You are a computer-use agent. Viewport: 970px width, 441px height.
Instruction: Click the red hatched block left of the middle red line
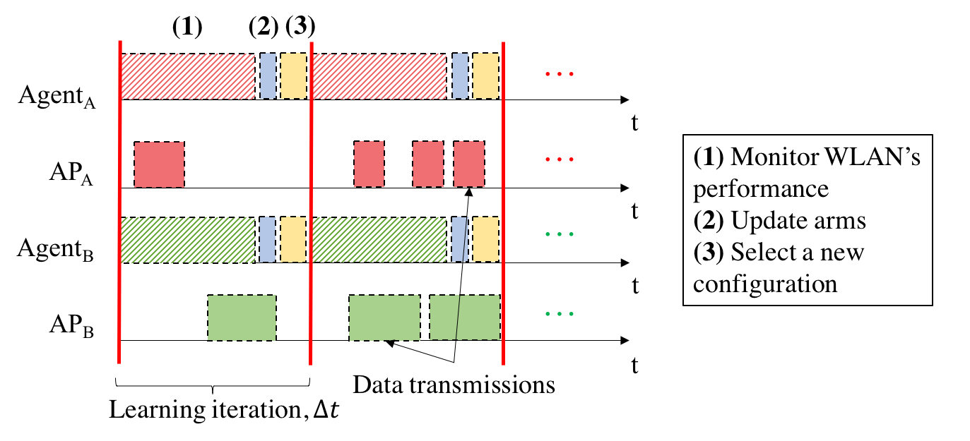(x=188, y=76)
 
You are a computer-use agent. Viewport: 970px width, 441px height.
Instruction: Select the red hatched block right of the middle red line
(x=379, y=76)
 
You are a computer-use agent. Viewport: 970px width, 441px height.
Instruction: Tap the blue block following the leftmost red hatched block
(x=268, y=75)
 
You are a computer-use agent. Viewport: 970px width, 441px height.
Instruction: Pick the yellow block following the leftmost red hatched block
(x=293, y=75)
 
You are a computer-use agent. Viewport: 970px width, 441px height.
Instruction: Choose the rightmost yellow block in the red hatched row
(x=485, y=75)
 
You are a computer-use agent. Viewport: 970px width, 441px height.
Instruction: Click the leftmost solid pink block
(x=159, y=164)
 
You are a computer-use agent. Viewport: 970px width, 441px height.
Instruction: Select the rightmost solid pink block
(x=468, y=164)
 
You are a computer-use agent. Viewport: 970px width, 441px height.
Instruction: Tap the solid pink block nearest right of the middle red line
(x=369, y=164)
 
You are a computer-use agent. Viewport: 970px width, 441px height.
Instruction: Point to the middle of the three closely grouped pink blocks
(x=427, y=164)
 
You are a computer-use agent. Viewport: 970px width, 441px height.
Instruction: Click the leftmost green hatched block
(x=188, y=240)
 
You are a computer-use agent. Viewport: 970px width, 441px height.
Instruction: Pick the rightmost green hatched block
(x=379, y=240)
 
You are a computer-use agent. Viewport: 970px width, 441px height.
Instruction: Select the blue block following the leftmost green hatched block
(x=267, y=239)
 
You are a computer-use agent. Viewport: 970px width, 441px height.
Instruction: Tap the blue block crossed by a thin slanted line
(x=459, y=239)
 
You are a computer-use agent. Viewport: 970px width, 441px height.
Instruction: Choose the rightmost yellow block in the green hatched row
(x=485, y=239)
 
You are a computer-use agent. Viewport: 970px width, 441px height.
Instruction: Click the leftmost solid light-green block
(x=242, y=318)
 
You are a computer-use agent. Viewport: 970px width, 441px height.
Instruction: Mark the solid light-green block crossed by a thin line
(x=464, y=318)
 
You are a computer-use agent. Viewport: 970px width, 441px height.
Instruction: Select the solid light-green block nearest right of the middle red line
(x=384, y=318)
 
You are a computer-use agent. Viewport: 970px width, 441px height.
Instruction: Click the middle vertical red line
(x=311, y=205)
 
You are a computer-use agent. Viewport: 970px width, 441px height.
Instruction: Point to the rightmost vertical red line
(x=503, y=205)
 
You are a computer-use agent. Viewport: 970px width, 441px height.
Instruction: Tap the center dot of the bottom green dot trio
(x=559, y=314)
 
